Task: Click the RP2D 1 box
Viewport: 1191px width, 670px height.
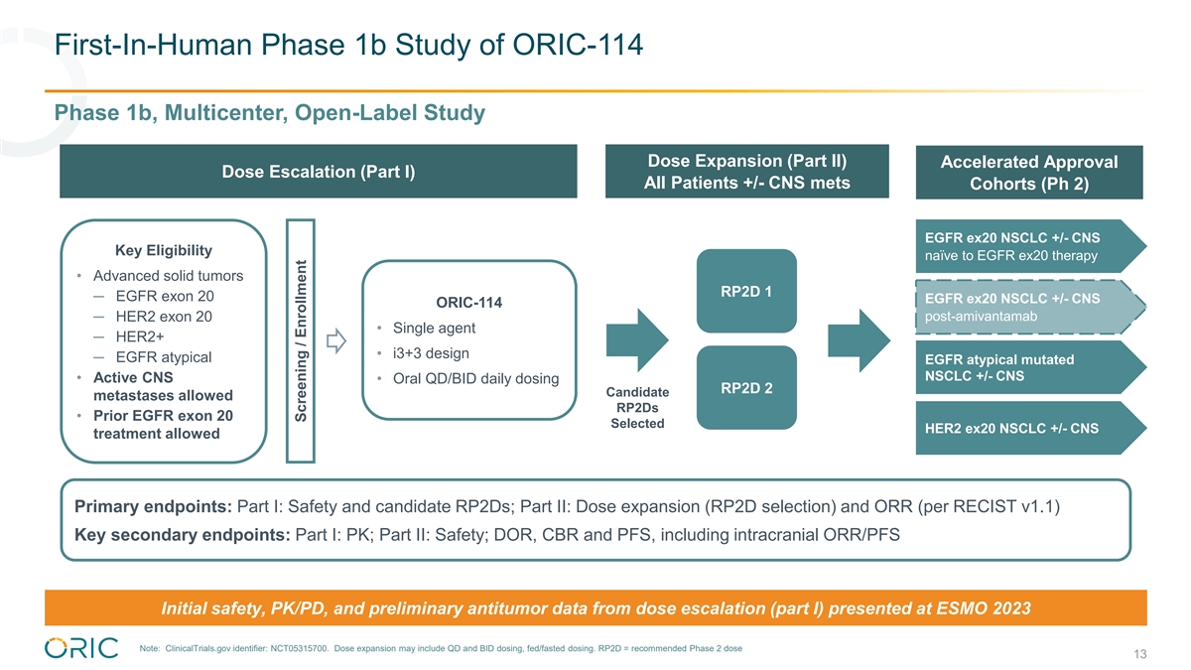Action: point(746,292)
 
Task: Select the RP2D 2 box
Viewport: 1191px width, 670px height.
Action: point(746,388)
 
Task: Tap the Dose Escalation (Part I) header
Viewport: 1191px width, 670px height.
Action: point(318,172)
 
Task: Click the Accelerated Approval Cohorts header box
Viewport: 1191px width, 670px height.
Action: point(1028,174)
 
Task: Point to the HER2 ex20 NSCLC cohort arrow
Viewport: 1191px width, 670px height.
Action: point(1027,429)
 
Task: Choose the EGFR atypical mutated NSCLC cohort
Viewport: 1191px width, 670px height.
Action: point(1027,367)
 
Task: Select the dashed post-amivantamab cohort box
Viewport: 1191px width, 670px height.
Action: point(1027,308)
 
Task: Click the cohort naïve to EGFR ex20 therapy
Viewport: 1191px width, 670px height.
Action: point(1027,246)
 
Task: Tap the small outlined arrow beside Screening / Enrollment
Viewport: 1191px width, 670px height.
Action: point(334,342)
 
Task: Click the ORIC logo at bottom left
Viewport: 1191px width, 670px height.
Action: point(81,647)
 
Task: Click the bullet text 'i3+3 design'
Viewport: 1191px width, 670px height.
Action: point(431,353)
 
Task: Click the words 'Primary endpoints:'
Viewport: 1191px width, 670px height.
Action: point(154,507)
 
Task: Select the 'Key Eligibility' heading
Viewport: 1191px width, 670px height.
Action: point(164,249)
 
